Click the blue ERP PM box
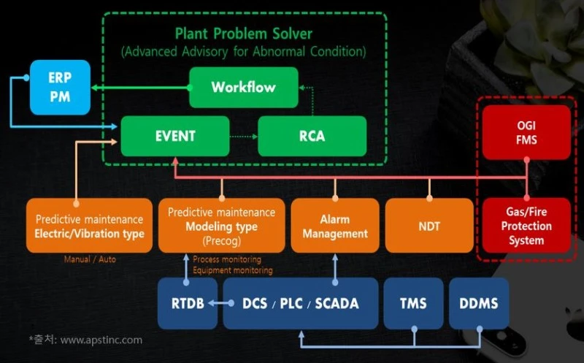pos(60,87)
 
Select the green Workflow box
pos(244,87)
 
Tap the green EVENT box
pos(175,136)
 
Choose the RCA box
pos(312,136)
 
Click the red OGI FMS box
pos(526,132)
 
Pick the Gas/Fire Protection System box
pos(526,226)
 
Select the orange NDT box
pos(429,226)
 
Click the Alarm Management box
pos(335,226)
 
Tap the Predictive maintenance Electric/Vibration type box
pos(89,226)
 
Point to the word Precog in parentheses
pos(222,241)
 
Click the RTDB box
pos(188,303)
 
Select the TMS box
pos(413,303)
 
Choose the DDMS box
pos(479,303)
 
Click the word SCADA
pos(337,303)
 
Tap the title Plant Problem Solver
pos(244,34)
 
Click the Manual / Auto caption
pos(90,259)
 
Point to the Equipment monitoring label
pos(233,270)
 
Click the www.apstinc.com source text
pos(101,340)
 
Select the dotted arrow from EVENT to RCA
pos(244,137)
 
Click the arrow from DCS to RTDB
pos(221,303)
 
